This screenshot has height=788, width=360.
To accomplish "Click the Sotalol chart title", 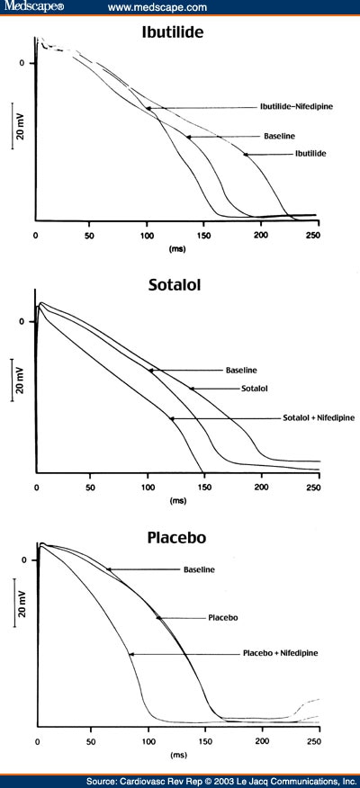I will [x=179, y=286].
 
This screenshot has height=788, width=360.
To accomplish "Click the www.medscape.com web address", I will [x=157, y=7].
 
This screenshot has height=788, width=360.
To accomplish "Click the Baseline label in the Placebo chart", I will [x=199, y=569].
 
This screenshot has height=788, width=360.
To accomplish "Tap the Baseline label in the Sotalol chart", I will [x=240, y=370].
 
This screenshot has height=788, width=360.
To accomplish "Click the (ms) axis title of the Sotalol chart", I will [x=176, y=500].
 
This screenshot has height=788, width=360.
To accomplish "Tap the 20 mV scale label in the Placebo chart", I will [x=18, y=598].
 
